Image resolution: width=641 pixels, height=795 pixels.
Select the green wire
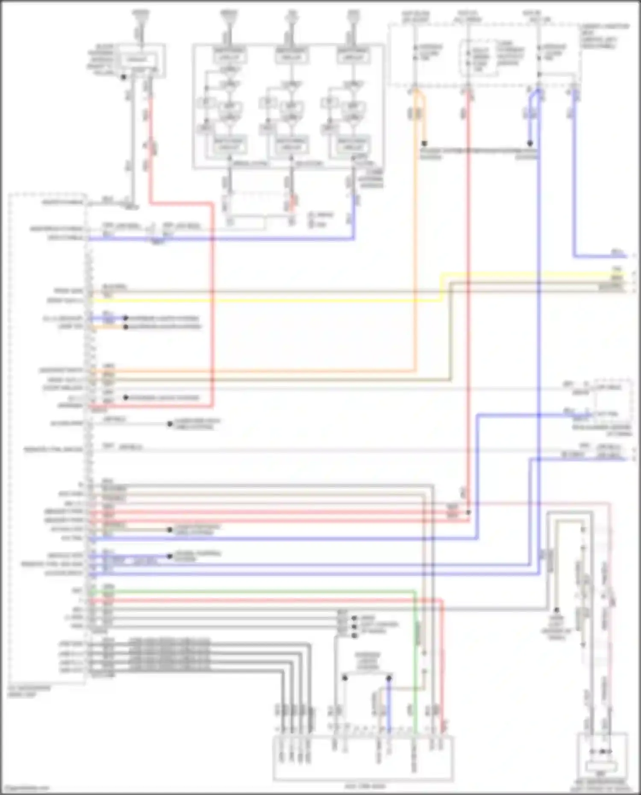coord(256,592)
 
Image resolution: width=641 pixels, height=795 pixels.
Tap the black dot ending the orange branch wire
coord(424,144)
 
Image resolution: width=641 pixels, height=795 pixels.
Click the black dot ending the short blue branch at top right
coord(529,144)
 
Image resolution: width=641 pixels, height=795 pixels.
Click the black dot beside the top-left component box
coord(123,77)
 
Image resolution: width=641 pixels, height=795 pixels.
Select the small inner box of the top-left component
coord(136,59)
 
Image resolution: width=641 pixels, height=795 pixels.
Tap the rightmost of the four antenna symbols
coord(353,16)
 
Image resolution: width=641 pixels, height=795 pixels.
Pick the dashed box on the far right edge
coord(614,399)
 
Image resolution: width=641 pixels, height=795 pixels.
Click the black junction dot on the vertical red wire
coord(469,512)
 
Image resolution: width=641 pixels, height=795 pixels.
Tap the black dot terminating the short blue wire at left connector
coord(126,318)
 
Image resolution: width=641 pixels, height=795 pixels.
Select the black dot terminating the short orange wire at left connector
coord(126,327)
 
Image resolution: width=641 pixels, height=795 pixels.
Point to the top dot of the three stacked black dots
coord(354,618)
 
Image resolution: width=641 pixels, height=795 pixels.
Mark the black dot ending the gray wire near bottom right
coord(557,610)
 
